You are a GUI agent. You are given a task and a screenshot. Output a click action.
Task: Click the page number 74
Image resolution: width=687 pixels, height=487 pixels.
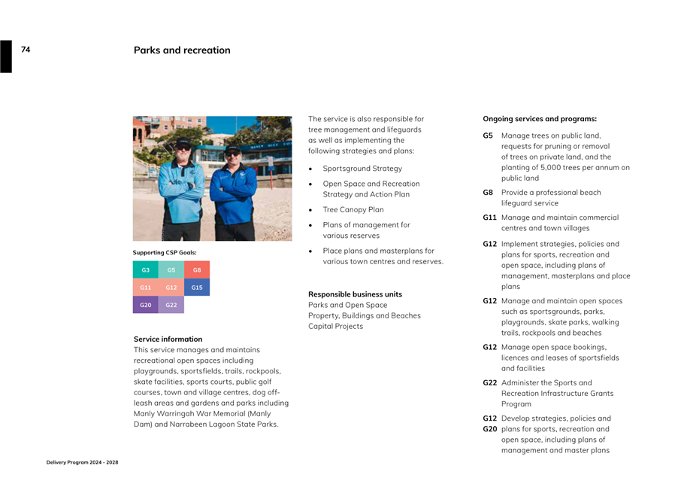(26, 50)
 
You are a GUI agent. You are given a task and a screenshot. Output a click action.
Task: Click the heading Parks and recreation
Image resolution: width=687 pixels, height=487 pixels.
(182, 50)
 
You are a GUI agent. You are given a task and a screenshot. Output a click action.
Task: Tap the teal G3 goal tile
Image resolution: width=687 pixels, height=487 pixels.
(145, 269)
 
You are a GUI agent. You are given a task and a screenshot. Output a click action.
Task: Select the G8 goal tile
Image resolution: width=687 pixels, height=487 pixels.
(197, 269)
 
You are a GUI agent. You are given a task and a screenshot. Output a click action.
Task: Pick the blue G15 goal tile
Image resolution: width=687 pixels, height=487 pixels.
(197, 288)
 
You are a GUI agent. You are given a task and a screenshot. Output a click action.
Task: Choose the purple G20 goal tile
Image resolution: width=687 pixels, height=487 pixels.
(145, 305)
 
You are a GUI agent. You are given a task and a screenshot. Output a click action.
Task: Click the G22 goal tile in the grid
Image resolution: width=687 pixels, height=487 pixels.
(171, 305)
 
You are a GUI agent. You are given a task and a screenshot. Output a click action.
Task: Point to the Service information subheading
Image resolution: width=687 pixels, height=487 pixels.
(168, 339)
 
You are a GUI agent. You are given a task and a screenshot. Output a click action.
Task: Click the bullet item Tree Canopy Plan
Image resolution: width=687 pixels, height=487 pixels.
(353, 210)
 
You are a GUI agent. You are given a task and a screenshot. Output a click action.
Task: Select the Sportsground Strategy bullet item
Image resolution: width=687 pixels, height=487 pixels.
(362, 169)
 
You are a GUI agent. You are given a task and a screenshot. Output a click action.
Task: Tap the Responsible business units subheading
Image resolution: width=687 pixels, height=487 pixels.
(355, 294)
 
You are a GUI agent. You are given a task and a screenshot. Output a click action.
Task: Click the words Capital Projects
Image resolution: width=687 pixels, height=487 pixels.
(335, 326)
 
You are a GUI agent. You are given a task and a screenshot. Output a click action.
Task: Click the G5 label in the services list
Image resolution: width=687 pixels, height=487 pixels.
(488, 135)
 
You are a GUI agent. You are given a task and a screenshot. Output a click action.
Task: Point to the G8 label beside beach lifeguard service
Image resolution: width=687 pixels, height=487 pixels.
(488, 193)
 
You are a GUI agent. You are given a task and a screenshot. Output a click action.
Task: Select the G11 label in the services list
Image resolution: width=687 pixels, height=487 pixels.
(489, 218)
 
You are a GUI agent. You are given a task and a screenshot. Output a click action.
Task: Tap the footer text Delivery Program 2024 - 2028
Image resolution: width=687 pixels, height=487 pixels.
(82, 462)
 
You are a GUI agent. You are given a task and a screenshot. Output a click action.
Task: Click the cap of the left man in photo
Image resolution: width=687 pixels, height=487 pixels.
(183, 143)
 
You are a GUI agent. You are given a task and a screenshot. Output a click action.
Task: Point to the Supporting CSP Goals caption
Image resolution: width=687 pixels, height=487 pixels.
(165, 252)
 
